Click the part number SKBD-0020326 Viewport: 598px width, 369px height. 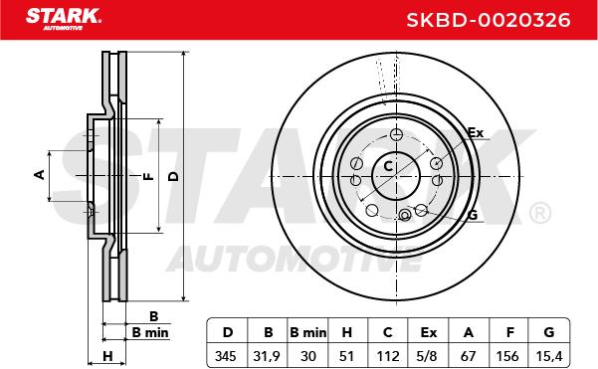(489, 20)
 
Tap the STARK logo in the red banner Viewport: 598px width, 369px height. (64, 18)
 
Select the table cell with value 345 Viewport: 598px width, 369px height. (226, 356)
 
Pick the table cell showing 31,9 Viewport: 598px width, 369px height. (267, 356)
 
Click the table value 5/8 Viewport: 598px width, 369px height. (427, 356)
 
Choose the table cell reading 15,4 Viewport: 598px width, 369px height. (549, 356)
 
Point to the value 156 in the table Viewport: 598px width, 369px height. (507, 356)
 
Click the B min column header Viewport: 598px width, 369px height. (308, 332)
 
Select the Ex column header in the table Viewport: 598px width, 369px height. (428, 332)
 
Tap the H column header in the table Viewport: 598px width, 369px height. (347, 332)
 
